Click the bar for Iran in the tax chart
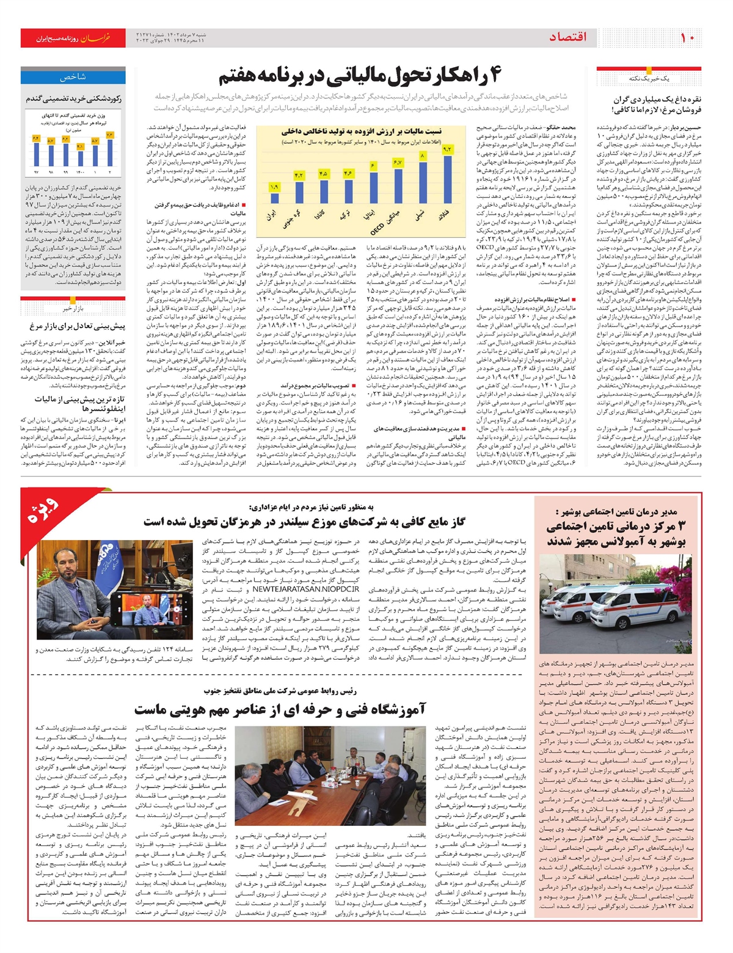[274, 197]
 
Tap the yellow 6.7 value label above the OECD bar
[397, 162]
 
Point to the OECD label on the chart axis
[377, 228]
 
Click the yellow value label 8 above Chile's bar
[422, 156]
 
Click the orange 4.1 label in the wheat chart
[80, 147]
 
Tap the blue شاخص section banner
[73, 77]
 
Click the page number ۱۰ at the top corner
[687, 38]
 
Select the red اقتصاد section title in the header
[567, 37]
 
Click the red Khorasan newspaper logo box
[73, 38]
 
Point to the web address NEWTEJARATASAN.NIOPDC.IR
[305, 590]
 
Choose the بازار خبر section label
[73, 309]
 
